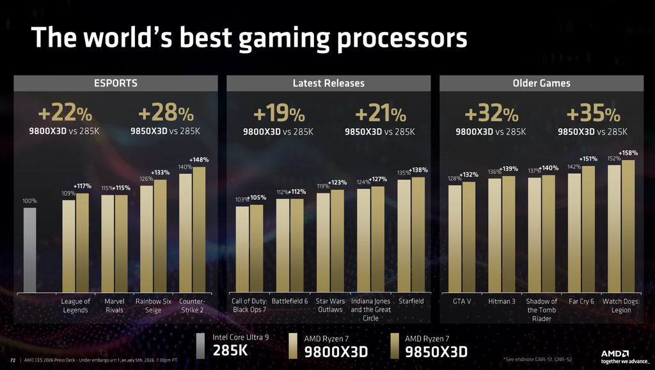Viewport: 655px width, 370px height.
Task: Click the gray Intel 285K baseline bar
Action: pos(29,250)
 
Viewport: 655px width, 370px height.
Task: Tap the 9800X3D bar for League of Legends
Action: pos(68,246)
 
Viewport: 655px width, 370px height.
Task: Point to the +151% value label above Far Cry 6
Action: pos(588,159)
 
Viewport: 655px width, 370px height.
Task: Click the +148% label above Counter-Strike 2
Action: pos(199,159)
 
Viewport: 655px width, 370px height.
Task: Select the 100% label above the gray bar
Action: pos(29,201)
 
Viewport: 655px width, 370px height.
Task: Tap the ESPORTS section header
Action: pos(116,83)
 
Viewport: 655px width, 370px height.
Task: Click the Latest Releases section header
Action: pos(328,83)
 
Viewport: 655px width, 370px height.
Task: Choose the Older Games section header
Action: pos(541,83)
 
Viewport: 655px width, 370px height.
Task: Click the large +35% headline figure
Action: pos(593,115)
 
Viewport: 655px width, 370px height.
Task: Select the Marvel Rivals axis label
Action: pos(115,305)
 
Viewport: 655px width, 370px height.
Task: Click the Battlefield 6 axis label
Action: pos(289,301)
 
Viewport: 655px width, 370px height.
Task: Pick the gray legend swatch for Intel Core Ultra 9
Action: pos(200,346)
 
